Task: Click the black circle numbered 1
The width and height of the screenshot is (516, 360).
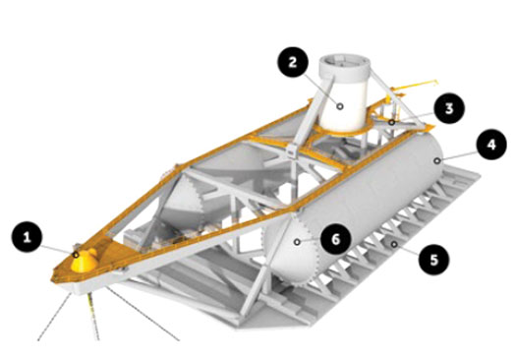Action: (x=27, y=237)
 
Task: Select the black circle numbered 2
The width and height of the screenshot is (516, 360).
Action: (x=293, y=63)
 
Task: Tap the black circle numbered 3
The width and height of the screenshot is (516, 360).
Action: (x=449, y=108)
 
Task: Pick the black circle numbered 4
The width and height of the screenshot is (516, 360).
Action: (x=491, y=145)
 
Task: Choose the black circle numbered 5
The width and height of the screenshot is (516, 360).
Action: (x=434, y=260)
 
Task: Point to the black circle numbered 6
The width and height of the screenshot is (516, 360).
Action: (x=335, y=239)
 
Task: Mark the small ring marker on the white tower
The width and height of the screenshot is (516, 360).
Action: (x=340, y=106)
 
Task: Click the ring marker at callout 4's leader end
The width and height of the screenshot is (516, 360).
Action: (x=437, y=160)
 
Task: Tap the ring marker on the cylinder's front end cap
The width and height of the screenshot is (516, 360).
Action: (x=297, y=242)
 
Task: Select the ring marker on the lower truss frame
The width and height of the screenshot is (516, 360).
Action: (x=393, y=244)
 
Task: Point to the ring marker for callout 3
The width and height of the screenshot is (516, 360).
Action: (x=391, y=123)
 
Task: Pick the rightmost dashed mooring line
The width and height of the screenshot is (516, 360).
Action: (x=143, y=314)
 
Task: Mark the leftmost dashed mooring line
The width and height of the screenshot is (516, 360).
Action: (x=54, y=316)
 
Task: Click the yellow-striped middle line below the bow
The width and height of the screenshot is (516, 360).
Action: (x=93, y=317)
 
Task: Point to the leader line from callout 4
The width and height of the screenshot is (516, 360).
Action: (x=458, y=156)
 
